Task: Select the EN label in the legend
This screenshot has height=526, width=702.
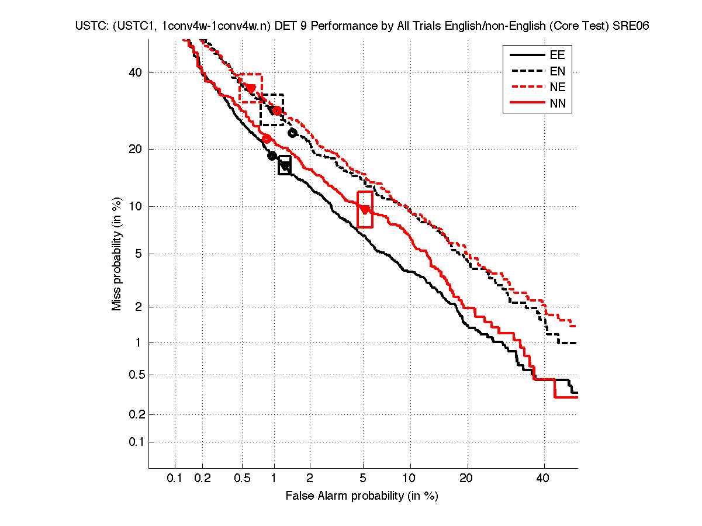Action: (x=556, y=71)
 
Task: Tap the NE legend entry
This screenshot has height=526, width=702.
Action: (x=556, y=88)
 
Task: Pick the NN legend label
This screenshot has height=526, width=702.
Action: (x=556, y=104)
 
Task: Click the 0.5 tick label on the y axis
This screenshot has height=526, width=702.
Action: (x=133, y=375)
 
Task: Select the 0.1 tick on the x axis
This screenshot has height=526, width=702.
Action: (x=175, y=479)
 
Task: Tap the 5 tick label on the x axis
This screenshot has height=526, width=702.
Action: (x=363, y=479)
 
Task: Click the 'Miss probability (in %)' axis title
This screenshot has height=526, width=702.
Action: (x=117, y=254)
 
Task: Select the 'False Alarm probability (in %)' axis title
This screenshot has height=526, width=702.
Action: (x=361, y=496)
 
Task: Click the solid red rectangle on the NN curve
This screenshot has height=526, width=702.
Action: (x=365, y=209)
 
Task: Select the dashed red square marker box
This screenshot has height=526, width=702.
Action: (x=250, y=88)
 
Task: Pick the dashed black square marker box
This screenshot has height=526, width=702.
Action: (x=272, y=109)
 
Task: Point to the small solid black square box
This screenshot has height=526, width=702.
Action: (x=285, y=165)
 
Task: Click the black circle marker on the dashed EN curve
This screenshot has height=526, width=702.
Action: (x=293, y=133)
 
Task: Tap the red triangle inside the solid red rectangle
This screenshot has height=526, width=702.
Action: (x=365, y=209)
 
